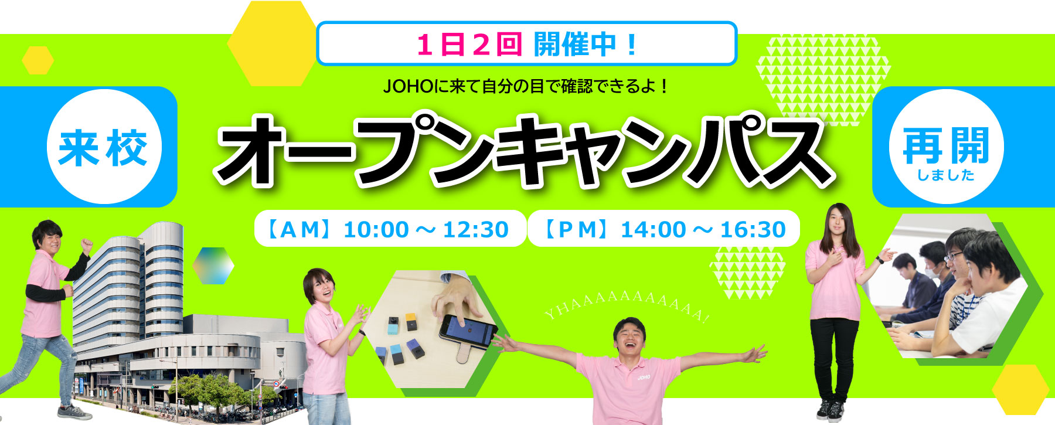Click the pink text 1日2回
coord(469,45)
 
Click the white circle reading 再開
coord(946,147)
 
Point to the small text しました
coord(946,175)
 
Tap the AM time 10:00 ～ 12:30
coord(426,229)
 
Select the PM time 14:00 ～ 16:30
coord(703,229)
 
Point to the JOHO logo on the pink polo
coord(644,377)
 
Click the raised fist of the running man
coord(87,243)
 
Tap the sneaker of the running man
coord(74,412)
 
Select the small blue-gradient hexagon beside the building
coord(213,266)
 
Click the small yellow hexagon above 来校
coord(38,60)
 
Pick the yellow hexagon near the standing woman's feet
coord(1020,390)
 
